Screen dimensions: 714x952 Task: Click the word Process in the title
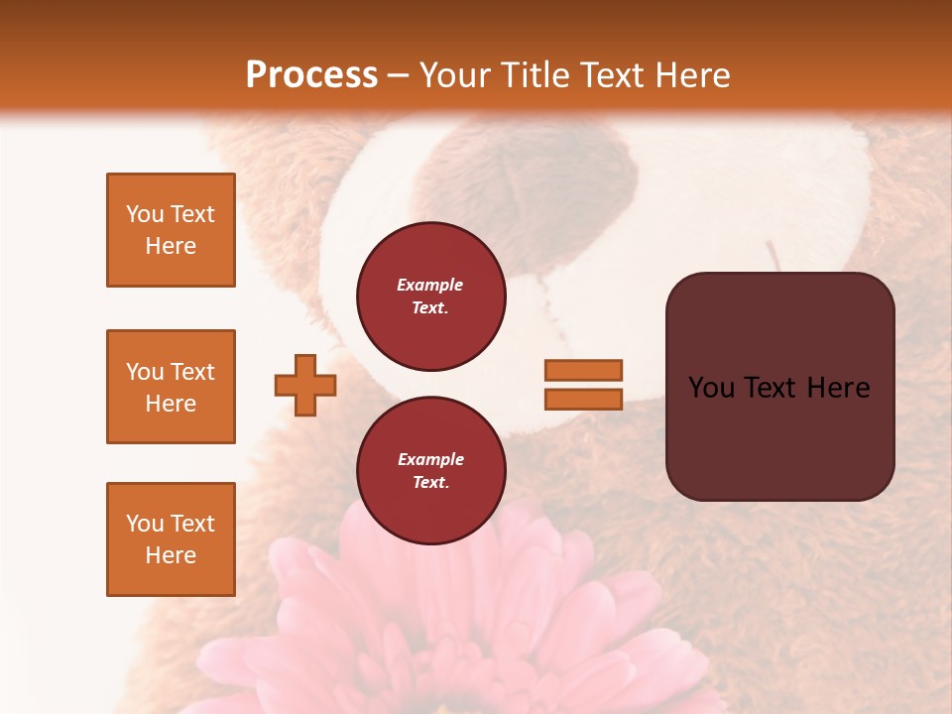pos(311,75)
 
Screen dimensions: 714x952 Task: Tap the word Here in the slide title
pos(690,75)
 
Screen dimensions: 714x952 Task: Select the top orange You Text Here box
pos(171,230)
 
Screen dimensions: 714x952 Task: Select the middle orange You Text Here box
pos(171,387)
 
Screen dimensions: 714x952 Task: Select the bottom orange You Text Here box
pos(171,539)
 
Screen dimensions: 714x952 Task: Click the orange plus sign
pos(305,385)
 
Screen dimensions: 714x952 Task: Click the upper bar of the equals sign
pos(583,370)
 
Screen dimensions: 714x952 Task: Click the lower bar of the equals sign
pos(583,399)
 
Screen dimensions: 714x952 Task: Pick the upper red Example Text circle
pos(430,297)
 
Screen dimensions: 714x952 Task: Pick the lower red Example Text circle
pos(430,471)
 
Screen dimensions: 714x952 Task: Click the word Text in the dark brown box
pos(776,388)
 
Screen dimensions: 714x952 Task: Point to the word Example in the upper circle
pos(430,285)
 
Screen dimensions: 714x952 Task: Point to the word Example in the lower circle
pos(430,459)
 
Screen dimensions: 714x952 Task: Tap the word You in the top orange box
pos(144,214)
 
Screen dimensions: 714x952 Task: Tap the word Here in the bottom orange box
pos(171,555)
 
